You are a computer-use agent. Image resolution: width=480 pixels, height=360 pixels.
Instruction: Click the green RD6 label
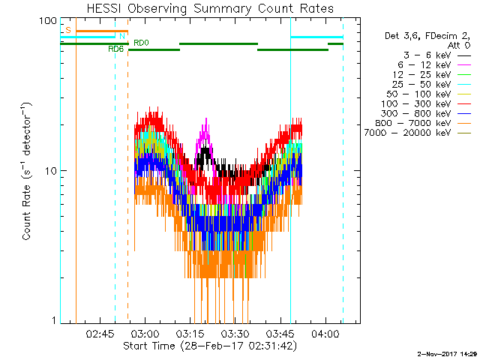[x=115, y=49]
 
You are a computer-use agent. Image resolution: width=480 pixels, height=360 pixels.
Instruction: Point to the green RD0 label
[x=141, y=43]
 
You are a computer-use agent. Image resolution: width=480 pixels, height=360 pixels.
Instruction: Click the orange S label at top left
[x=67, y=30]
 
